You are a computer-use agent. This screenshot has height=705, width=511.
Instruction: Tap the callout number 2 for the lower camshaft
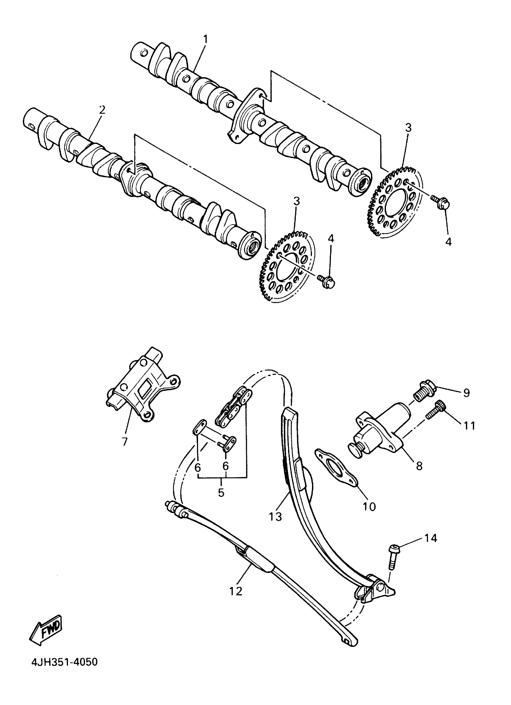point(102,110)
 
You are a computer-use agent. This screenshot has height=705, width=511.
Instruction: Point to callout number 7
point(125,441)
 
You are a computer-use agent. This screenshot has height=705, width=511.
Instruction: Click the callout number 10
point(369,507)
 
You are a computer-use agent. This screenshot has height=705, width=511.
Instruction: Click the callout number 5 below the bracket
point(221,492)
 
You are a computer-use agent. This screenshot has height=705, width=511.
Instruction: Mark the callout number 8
point(419,465)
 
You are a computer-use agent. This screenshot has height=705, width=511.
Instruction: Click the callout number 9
point(466,393)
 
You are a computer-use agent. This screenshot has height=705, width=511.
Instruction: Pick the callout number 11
point(469,426)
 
